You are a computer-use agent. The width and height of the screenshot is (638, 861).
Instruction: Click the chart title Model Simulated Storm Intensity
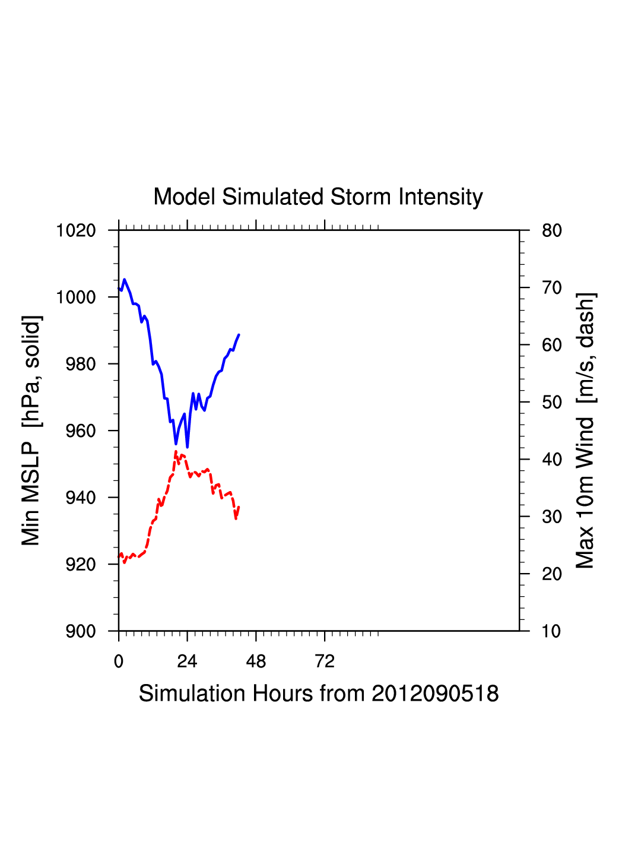pyautogui.click(x=318, y=197)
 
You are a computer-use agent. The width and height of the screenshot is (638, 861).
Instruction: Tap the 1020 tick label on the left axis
pyautogui.click(x=76, y=230)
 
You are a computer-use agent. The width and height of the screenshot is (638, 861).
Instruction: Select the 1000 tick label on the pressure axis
pyautogui.click(x=76, y=297)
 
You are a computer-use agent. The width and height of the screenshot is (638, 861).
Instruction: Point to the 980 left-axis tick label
pyautogui.click(x=80, y=364)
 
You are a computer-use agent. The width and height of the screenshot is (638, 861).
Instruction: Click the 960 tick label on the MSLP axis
pyautogui.click(x=80, y=431)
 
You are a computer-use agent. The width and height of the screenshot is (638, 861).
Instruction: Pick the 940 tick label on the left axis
pyautogui.click(x=80, y=498)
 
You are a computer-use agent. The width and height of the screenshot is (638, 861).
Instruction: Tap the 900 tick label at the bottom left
pyautogui.click(x=80, y=631)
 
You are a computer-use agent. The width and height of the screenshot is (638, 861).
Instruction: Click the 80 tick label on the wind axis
pyautogui.click(x=551, y=230)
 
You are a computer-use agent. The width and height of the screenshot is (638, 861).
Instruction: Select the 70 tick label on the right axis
pyautogui.click(x=551, y=288)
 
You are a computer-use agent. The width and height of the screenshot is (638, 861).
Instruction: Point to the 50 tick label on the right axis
pyautogui.click(x=551, y=403)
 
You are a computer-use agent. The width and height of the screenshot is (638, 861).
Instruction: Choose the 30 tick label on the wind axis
pyautogui.click(x=551, y=517)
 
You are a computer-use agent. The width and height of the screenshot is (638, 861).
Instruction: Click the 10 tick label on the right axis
pyautogui.click(x=551, y=631)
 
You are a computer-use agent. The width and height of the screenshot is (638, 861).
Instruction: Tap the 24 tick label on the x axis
pyautogui.click(x=187, y=661)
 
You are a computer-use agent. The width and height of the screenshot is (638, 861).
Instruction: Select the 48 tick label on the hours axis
pyautogui.click(x=256, y=661)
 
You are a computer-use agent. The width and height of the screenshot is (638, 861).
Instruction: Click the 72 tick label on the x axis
pyautogui.click(x=325, y=661)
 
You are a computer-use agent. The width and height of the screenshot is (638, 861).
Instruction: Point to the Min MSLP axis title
pyautogui.click(x=31, y=430)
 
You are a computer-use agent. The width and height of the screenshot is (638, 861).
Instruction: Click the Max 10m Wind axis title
pyautogui.click(x=585, y=430)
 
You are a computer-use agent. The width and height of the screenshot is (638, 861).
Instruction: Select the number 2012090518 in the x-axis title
pyautogui.click(x=435, y=694)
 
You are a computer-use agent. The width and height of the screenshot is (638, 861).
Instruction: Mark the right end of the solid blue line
pyautogui.click(x=239, y=335)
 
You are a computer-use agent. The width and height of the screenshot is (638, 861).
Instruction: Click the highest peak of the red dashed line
pyautogui.click(x=176, y=452)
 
